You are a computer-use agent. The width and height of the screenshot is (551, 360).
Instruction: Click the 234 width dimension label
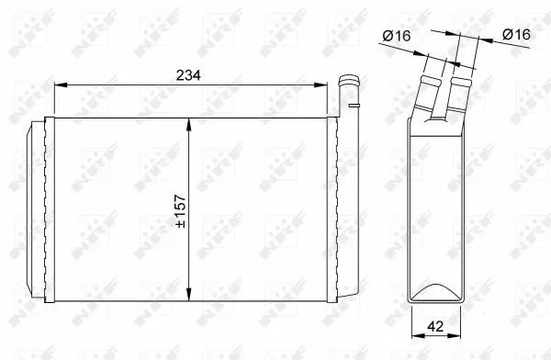coord(188,75)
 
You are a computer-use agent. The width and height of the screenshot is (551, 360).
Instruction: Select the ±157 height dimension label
coord(181,211)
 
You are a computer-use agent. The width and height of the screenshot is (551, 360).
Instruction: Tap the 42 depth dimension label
coord(435,326)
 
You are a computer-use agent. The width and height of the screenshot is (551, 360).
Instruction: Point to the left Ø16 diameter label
coord(397,36)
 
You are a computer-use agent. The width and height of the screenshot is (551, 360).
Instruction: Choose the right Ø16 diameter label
coord(516,34)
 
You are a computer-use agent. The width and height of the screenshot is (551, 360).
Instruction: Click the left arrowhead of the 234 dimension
coord(61,85)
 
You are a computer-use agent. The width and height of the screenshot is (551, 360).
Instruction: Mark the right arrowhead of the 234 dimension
coord(320,85)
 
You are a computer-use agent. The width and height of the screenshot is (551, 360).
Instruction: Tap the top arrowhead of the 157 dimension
coord(189,125)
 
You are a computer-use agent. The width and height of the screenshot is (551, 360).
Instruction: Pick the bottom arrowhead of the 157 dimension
coord(189,294)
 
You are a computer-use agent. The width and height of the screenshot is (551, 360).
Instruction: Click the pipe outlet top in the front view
coord(349,80)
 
